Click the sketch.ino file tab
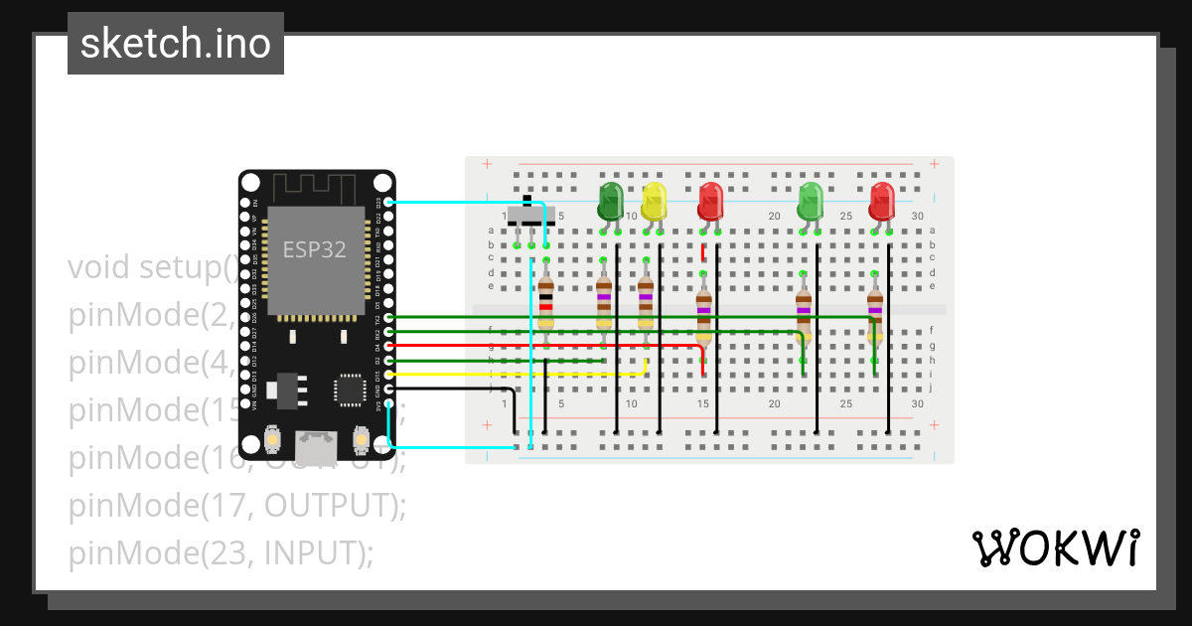(176, 44)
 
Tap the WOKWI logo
(1055, 548)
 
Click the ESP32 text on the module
(315, 249)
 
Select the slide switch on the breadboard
(525, 216)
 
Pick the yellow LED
(654, 202)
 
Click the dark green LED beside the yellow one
(610, 202)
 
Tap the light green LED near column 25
(812, 202)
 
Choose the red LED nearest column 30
(882, 202)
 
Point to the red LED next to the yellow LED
(710, 202)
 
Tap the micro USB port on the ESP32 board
(317, 447)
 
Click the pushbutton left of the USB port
(273, 439)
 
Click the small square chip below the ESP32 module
(350, 390)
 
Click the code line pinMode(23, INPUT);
(221, 552)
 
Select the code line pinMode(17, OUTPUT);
(236, 505)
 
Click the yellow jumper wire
(517, 375)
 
